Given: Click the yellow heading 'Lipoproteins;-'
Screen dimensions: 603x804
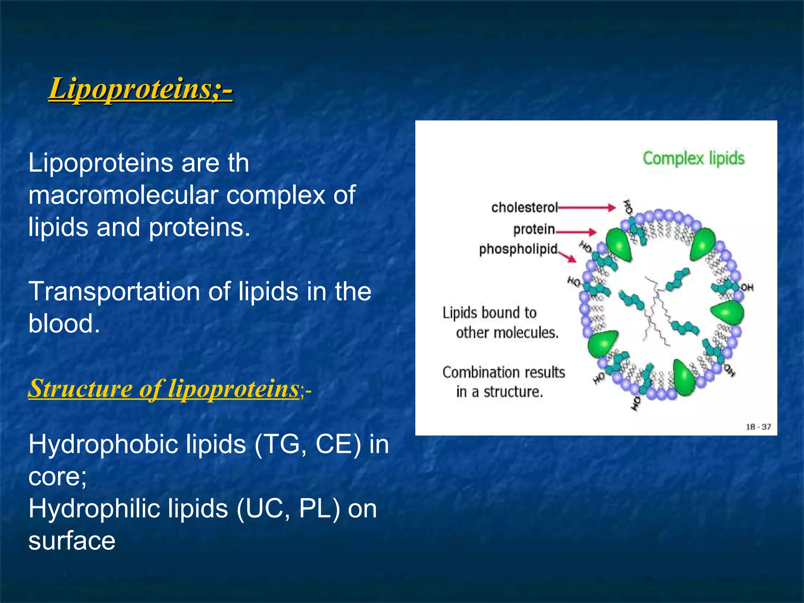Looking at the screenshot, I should (140, 89).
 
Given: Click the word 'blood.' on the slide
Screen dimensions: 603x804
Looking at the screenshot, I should (64, 324).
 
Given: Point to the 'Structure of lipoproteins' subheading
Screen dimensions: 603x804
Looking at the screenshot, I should (163, 389).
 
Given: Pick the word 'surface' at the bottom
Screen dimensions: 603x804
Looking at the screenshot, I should (72, 541).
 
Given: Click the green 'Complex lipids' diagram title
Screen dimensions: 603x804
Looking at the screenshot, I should (693, 159).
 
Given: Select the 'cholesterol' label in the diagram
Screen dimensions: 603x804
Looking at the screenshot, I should (524, 207).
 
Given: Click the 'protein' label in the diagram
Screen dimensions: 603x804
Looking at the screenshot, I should (534, 229).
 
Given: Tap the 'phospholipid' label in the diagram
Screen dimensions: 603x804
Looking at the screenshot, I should (518, 249).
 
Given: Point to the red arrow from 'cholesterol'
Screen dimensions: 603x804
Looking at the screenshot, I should (587, 207).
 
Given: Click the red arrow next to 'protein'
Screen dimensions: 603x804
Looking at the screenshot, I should (576, 232).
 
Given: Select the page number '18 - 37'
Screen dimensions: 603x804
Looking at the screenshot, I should (758, 427).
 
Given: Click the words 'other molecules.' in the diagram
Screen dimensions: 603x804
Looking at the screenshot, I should (507, 333).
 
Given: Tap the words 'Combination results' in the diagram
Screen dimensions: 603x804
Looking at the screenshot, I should (504, 372).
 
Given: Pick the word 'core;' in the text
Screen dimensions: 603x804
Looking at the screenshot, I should (57, 477).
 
